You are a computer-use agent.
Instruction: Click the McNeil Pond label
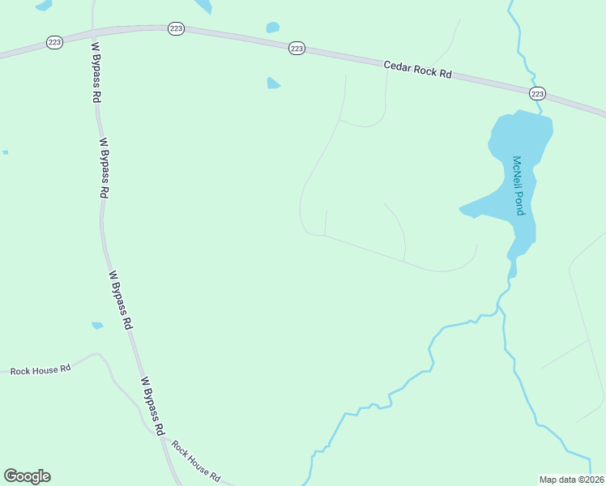(519, 185)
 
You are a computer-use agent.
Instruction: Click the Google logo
(27, 476)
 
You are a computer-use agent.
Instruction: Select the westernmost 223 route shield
(54, 42)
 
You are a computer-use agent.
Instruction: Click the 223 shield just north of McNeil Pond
(537, 93)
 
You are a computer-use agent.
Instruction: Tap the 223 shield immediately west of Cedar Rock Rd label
(297, 49)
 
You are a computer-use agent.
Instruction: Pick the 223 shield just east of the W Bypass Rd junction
(177, 28)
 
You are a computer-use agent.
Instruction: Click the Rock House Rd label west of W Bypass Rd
(41, 370)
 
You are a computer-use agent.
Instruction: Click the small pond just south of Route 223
(273, 83)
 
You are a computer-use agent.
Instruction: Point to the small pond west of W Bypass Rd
(97, 326)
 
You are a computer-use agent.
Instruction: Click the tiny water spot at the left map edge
(5, 151)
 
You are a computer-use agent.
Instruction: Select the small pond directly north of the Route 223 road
(273, 28)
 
